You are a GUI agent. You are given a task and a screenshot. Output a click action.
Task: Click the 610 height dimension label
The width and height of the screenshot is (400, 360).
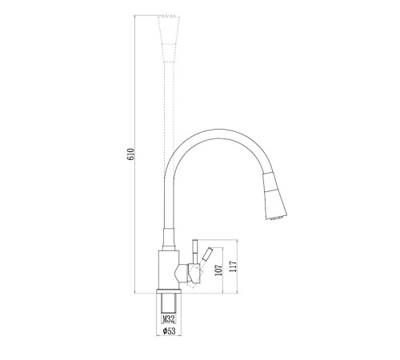click(x=130, y=154)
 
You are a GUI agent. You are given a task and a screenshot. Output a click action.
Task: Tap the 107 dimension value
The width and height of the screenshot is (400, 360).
click(x=218, y=270)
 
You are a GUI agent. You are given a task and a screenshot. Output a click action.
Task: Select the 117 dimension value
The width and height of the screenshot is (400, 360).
click(x=233, y=266)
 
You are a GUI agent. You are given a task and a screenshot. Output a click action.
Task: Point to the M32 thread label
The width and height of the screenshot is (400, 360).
click(x=169, y=318)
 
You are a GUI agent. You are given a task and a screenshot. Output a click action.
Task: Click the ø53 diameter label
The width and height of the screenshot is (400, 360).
click(x=169, y=331)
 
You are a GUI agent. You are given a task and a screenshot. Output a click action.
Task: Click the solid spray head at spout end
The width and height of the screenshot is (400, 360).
click(x=274, y=196)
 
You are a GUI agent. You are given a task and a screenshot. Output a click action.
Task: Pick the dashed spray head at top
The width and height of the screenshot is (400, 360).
click(x=169, y=39)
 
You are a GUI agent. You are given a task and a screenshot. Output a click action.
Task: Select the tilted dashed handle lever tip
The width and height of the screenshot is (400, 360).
click(x=207, y=254)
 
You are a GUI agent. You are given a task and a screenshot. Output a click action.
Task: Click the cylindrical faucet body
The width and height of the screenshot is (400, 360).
click(x=169, y=270)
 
